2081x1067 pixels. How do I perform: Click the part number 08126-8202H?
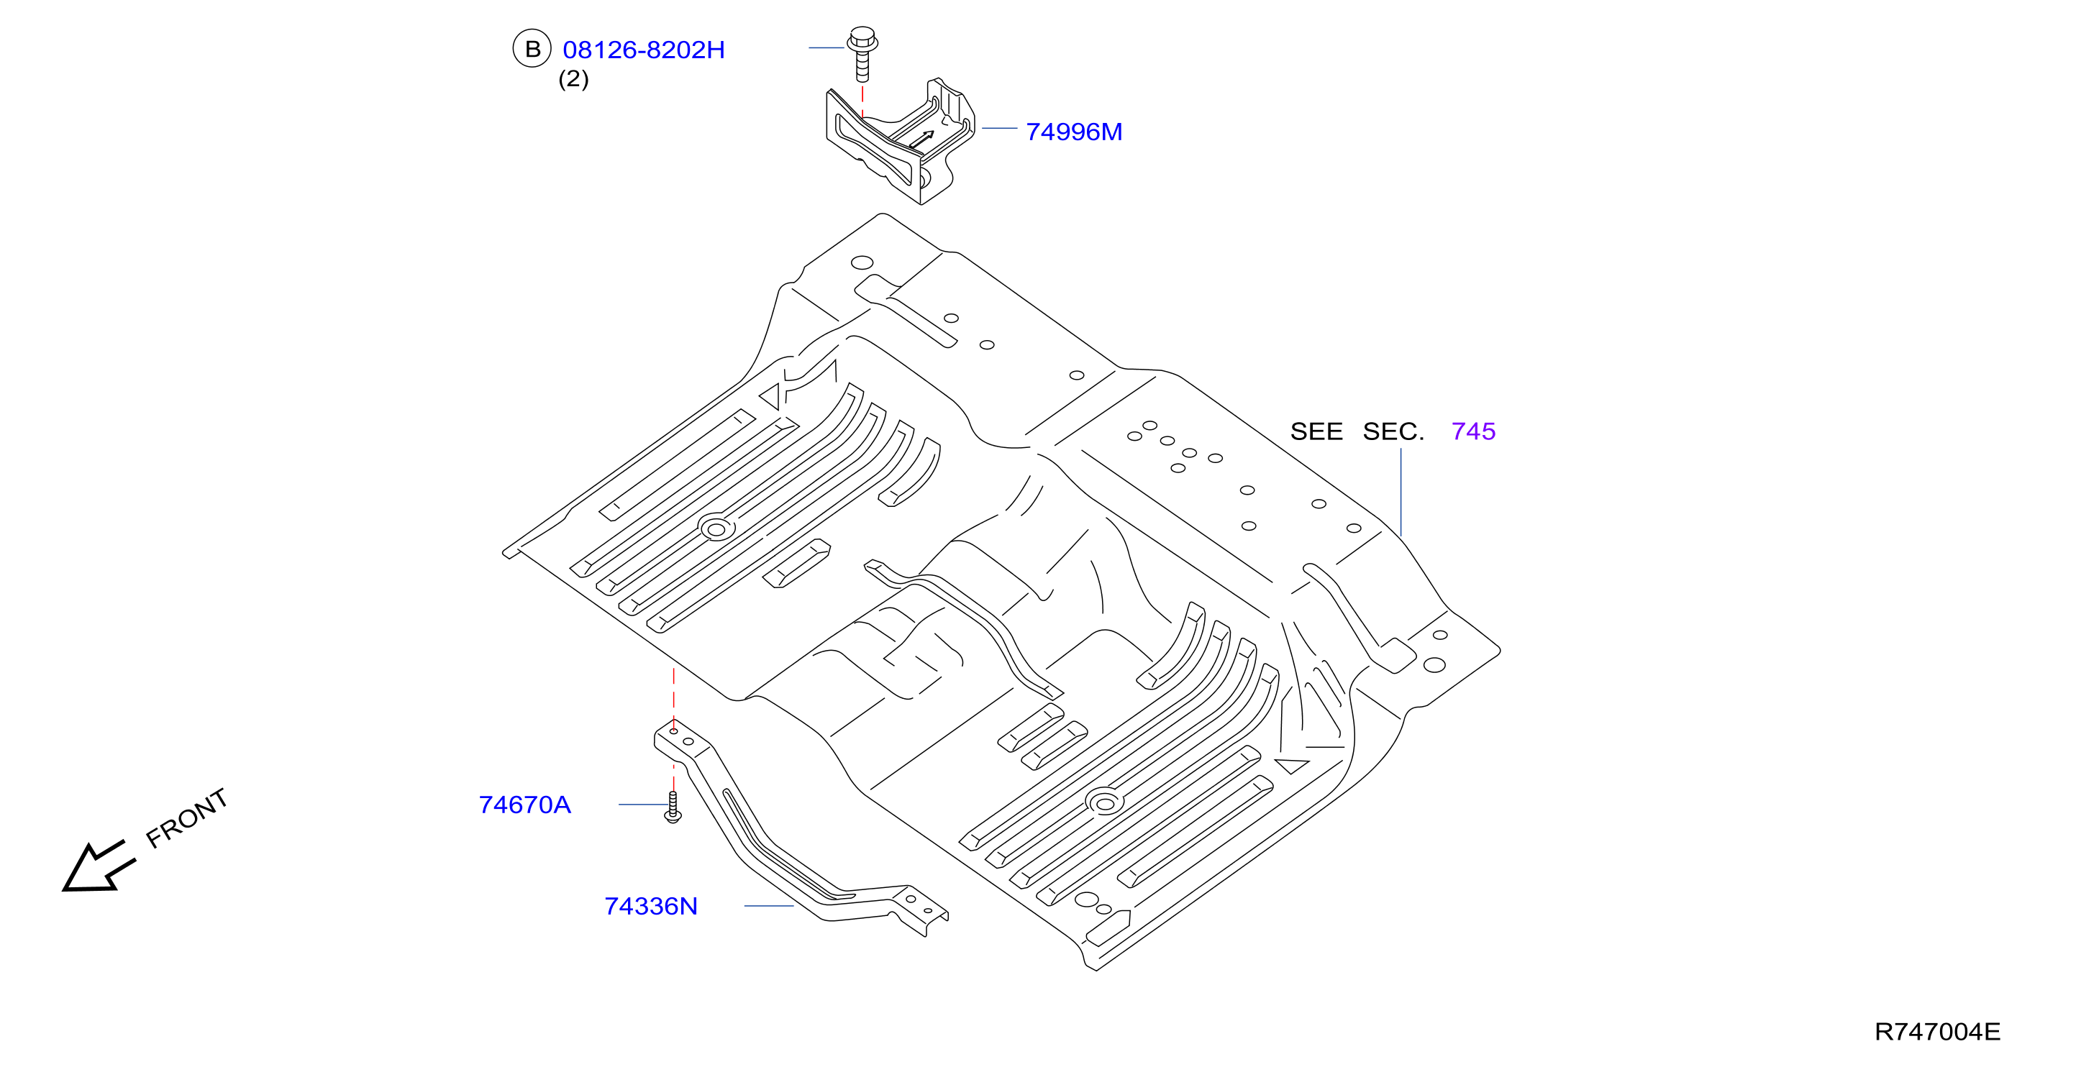pos(643,50)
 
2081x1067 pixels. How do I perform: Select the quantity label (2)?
pos(573,79)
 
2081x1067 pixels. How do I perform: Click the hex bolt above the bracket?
pos(862,53)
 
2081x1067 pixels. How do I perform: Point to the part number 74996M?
pos(1074,132)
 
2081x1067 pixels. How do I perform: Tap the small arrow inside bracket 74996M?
pos(921,139)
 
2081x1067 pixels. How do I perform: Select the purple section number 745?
pos(1472,431)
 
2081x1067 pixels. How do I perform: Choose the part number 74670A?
pos(524,805)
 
